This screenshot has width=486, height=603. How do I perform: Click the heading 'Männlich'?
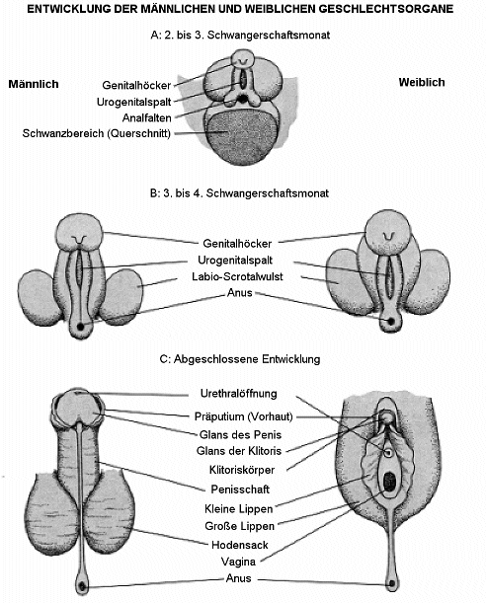click(x=34, y=84)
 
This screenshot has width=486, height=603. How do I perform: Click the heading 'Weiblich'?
click(x=422, y=82)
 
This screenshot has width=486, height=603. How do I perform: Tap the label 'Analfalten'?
click(x=146, y=117)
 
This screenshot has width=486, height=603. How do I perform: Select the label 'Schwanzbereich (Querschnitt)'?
click(x=96, y=133)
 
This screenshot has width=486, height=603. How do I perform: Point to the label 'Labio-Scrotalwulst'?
click(x=237, y=276)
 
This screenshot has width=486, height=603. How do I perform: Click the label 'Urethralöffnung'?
click(x=239, y=394)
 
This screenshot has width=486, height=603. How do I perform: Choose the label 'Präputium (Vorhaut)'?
click(x=244, y=416)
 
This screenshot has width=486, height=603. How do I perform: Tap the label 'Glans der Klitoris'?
click(x=239, y=451)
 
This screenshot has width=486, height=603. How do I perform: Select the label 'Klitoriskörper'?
click(x=242, y=470)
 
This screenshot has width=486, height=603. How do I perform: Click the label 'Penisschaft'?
click(x=240, y=490)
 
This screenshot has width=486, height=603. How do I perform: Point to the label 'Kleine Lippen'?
click(x=239, y=509)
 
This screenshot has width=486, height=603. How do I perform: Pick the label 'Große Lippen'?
click(x=239, y=526)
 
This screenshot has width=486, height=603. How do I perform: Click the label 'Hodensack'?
click(x=240, y=545)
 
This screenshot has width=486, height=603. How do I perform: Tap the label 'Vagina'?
click(x=238, y=562)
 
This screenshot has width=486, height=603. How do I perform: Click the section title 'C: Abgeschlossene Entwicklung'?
click(x=240, y=359)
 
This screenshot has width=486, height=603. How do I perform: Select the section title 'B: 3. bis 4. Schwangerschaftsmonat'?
click(x=239, y=193)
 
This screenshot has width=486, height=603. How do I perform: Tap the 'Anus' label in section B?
click(x=240, y=293)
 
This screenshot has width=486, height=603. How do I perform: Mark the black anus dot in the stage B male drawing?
click(x=80, y=327)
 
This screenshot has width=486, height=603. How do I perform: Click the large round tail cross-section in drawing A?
click(x=241, y=136)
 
